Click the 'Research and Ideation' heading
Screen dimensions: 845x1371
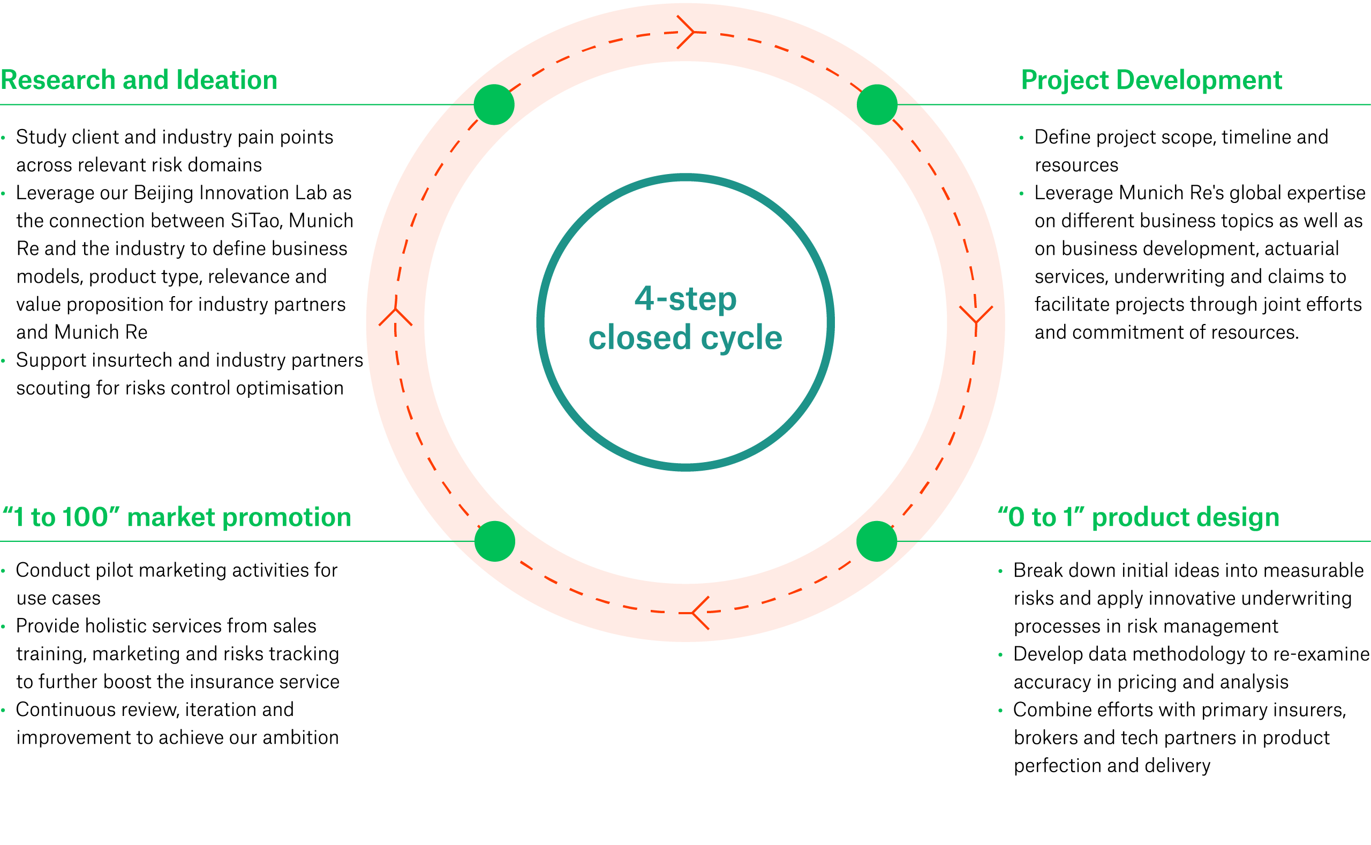(x=139, y=80)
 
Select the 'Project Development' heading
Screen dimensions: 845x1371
(x=1151, y=80)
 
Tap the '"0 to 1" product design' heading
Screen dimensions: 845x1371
(x=1138, y=517)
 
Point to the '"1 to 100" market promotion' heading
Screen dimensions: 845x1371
(x=177, y=517)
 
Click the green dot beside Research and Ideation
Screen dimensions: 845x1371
(x=494, y=104)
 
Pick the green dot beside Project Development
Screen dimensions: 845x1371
(x=876, y=104)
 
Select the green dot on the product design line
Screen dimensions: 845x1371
(x=876, y=541)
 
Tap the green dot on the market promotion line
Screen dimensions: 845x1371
(x=494, y=541)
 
